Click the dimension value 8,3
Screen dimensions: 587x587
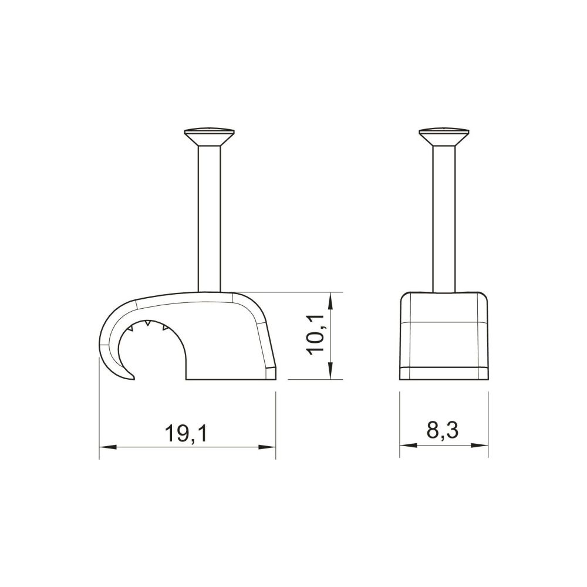point(442,431)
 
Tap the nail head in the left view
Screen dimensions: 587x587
point(210,137)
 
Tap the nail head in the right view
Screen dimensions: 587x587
point(444,137)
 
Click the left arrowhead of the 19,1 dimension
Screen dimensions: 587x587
point(108,447)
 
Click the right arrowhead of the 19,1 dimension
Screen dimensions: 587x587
point(267,447)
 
